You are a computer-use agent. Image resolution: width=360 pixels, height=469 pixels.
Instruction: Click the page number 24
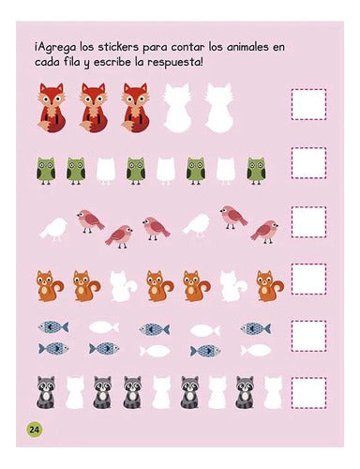[33, 429]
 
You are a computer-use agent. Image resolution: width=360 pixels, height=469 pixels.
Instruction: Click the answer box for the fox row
[307, 104]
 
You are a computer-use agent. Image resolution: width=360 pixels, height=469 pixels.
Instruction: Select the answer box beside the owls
[307, 162]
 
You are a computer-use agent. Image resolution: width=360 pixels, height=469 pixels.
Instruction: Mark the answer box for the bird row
[307, 220]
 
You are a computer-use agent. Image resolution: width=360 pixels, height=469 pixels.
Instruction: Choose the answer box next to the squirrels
[307, 278]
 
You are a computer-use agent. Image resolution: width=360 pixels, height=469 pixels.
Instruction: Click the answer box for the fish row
[307, 335]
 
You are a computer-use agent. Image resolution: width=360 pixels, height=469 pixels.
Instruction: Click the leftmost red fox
[52, 105]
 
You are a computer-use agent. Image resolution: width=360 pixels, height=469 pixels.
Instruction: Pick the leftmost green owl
[46, 169]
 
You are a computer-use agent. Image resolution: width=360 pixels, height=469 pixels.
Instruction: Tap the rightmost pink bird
[265, 230]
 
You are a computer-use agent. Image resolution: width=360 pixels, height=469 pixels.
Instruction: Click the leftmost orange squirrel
[49, 284]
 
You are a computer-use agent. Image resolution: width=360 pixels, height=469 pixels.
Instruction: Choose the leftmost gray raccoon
[46, 392]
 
